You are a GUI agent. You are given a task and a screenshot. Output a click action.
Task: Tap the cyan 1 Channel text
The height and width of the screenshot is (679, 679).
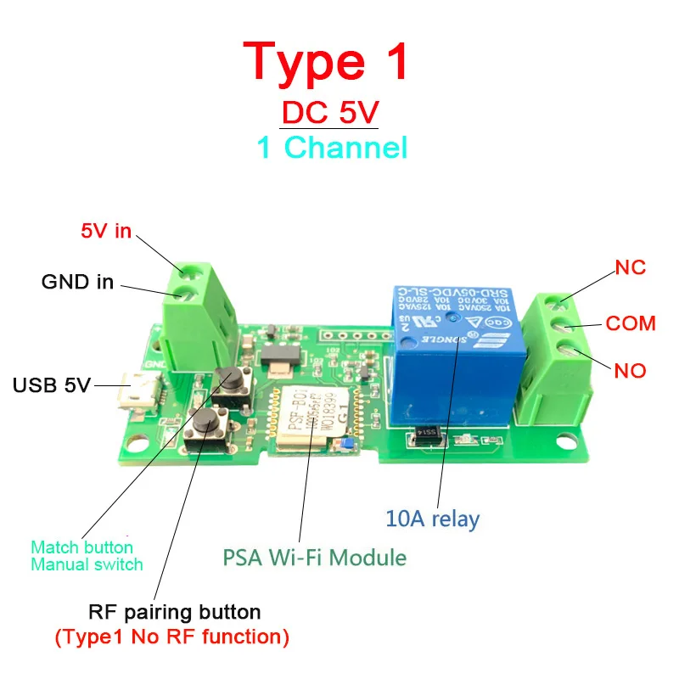[332, 148]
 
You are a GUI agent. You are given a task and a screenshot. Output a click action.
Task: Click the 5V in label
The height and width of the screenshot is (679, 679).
[106, 230]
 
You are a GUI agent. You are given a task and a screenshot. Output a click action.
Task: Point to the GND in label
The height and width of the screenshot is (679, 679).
[77, 282]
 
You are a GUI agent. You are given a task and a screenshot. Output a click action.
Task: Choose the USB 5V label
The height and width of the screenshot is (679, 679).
[51, 385]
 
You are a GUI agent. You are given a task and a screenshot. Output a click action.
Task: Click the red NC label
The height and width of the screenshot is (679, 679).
[631, 268]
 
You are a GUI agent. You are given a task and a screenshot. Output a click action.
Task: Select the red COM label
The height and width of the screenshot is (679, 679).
[631, 323]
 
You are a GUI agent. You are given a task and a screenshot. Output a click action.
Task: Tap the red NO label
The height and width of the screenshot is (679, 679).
[631, 371]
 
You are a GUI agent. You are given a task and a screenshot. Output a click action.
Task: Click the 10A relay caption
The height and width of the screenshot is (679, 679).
[432, 519]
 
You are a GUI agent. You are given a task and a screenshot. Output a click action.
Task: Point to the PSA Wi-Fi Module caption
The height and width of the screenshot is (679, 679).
[314, 558]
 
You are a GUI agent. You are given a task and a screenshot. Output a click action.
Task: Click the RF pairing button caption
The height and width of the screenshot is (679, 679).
[174, 612]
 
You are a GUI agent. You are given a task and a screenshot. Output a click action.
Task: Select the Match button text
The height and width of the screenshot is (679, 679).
[81, 547]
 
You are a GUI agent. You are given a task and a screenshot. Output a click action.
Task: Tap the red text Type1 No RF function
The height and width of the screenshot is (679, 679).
[172, 636]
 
